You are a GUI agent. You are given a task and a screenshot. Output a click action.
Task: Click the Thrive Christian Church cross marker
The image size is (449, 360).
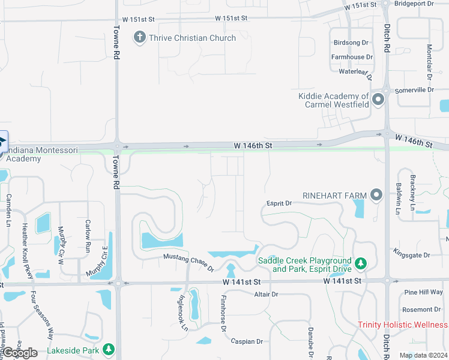tap(139, 38)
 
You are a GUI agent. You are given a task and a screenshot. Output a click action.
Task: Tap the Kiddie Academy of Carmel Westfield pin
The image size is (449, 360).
tap(378, 100)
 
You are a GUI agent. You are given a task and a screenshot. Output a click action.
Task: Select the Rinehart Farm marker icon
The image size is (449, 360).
tap(376, 194)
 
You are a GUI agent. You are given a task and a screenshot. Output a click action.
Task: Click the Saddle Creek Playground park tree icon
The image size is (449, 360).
tap(360, 264)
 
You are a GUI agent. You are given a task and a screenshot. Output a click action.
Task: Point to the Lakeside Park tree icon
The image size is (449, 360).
tap(108, 349)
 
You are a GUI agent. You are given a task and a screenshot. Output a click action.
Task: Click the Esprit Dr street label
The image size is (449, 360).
tap(280, 203)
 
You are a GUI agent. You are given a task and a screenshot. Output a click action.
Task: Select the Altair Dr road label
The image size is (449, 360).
tap(266, 294)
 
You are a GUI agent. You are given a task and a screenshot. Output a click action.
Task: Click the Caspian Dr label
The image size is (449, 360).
tap(247, 341)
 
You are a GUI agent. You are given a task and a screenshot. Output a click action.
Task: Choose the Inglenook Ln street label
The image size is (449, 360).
tap(183, 313)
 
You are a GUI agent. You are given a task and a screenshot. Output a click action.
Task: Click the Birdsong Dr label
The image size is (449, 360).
tap(350, 43)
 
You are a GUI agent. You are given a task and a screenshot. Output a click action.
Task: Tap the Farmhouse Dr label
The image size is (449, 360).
tap(352, 57)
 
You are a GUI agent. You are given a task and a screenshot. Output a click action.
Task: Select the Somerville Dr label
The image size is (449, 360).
tap(414, 89)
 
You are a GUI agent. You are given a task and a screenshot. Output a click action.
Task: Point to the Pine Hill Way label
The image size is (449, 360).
tap(423, 292)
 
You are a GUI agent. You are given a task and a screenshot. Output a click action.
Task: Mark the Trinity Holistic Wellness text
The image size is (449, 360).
tap(402, 325)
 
